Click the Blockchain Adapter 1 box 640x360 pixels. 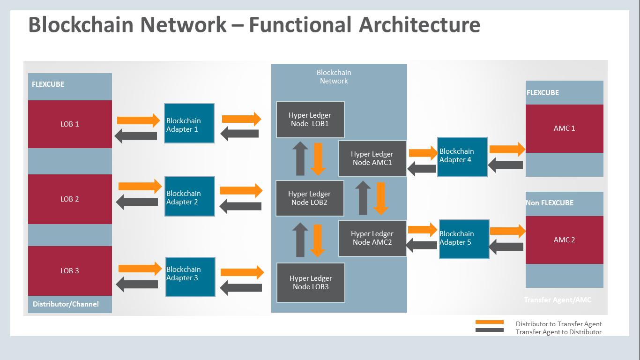tap(189, 123)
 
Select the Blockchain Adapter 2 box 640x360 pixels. tap(190, 196)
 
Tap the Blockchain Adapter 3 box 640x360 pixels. tap(191, 277)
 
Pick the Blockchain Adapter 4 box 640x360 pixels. tap(462, 157)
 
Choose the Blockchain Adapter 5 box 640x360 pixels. tap(464, 239)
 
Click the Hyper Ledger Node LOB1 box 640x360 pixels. tap(310, 120)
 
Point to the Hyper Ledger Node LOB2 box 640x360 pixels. tap(310, 198)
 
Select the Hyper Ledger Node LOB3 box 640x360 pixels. tap(311, 282)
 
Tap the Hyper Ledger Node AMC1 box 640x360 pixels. tap(372, 158)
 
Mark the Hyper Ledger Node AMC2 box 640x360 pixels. tap(372, 238)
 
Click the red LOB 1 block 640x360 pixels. tap(70, 124)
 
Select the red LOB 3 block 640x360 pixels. tap(70, 270)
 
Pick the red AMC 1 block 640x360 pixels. tap(564, 128)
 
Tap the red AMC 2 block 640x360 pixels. tap(564, 240)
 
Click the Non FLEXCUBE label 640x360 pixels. tap(550, 203)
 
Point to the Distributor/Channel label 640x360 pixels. tap(66, 304)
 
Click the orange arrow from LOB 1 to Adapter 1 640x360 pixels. tap(138, 120)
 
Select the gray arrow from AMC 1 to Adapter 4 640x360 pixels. tap(506, 165)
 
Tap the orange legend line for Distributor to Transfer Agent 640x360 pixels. tap(489, 322)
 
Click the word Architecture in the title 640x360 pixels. tap(420, 24)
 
